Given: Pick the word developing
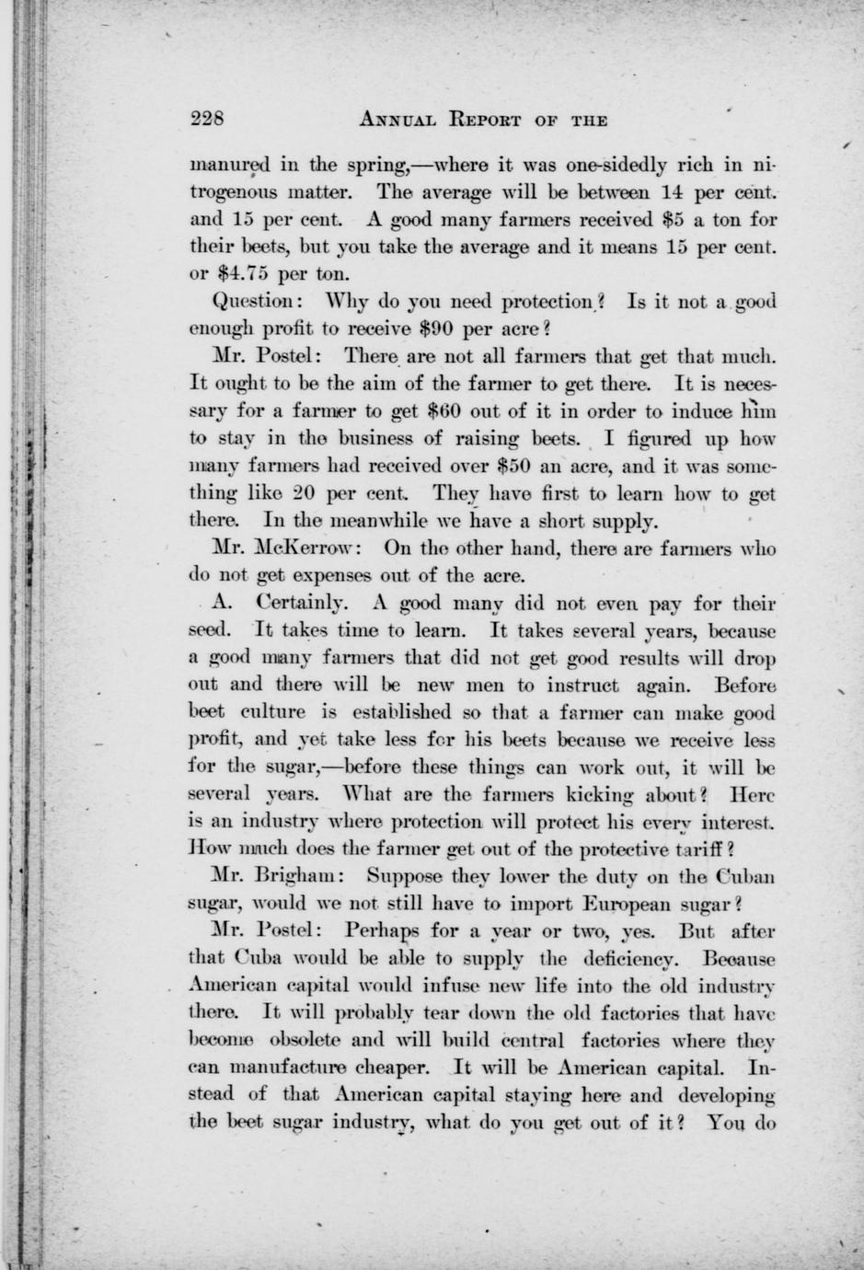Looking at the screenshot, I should [x=727, y=1096].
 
